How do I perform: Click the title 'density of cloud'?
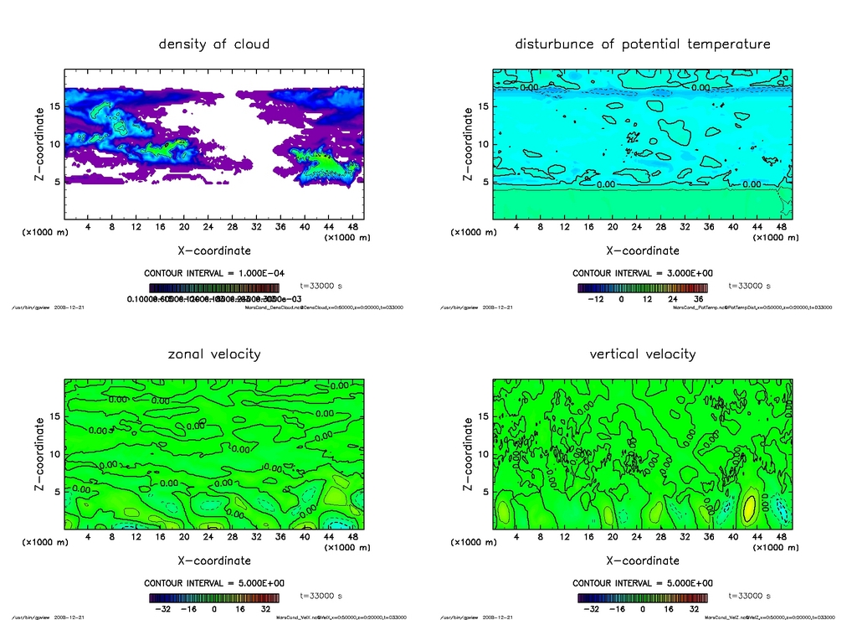(x=214, y=44)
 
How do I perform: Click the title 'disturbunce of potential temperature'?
(x=642, y=44)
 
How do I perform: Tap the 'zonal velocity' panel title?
(x=214, y=354)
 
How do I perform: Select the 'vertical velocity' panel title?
(x=642, y=354)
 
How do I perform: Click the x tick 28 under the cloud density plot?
(x=233, y=227)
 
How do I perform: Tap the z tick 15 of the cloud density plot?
(x=54, y=106)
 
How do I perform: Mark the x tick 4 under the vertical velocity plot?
(x=517, y=537)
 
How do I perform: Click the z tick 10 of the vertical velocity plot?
(x=483, y=454)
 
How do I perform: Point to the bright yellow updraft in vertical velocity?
(x=750, y=507)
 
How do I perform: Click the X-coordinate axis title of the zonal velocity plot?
(x=214, y=561)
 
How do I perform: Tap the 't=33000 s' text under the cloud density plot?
(x=321, y=286)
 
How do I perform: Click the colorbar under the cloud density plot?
(x=214, y=287)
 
